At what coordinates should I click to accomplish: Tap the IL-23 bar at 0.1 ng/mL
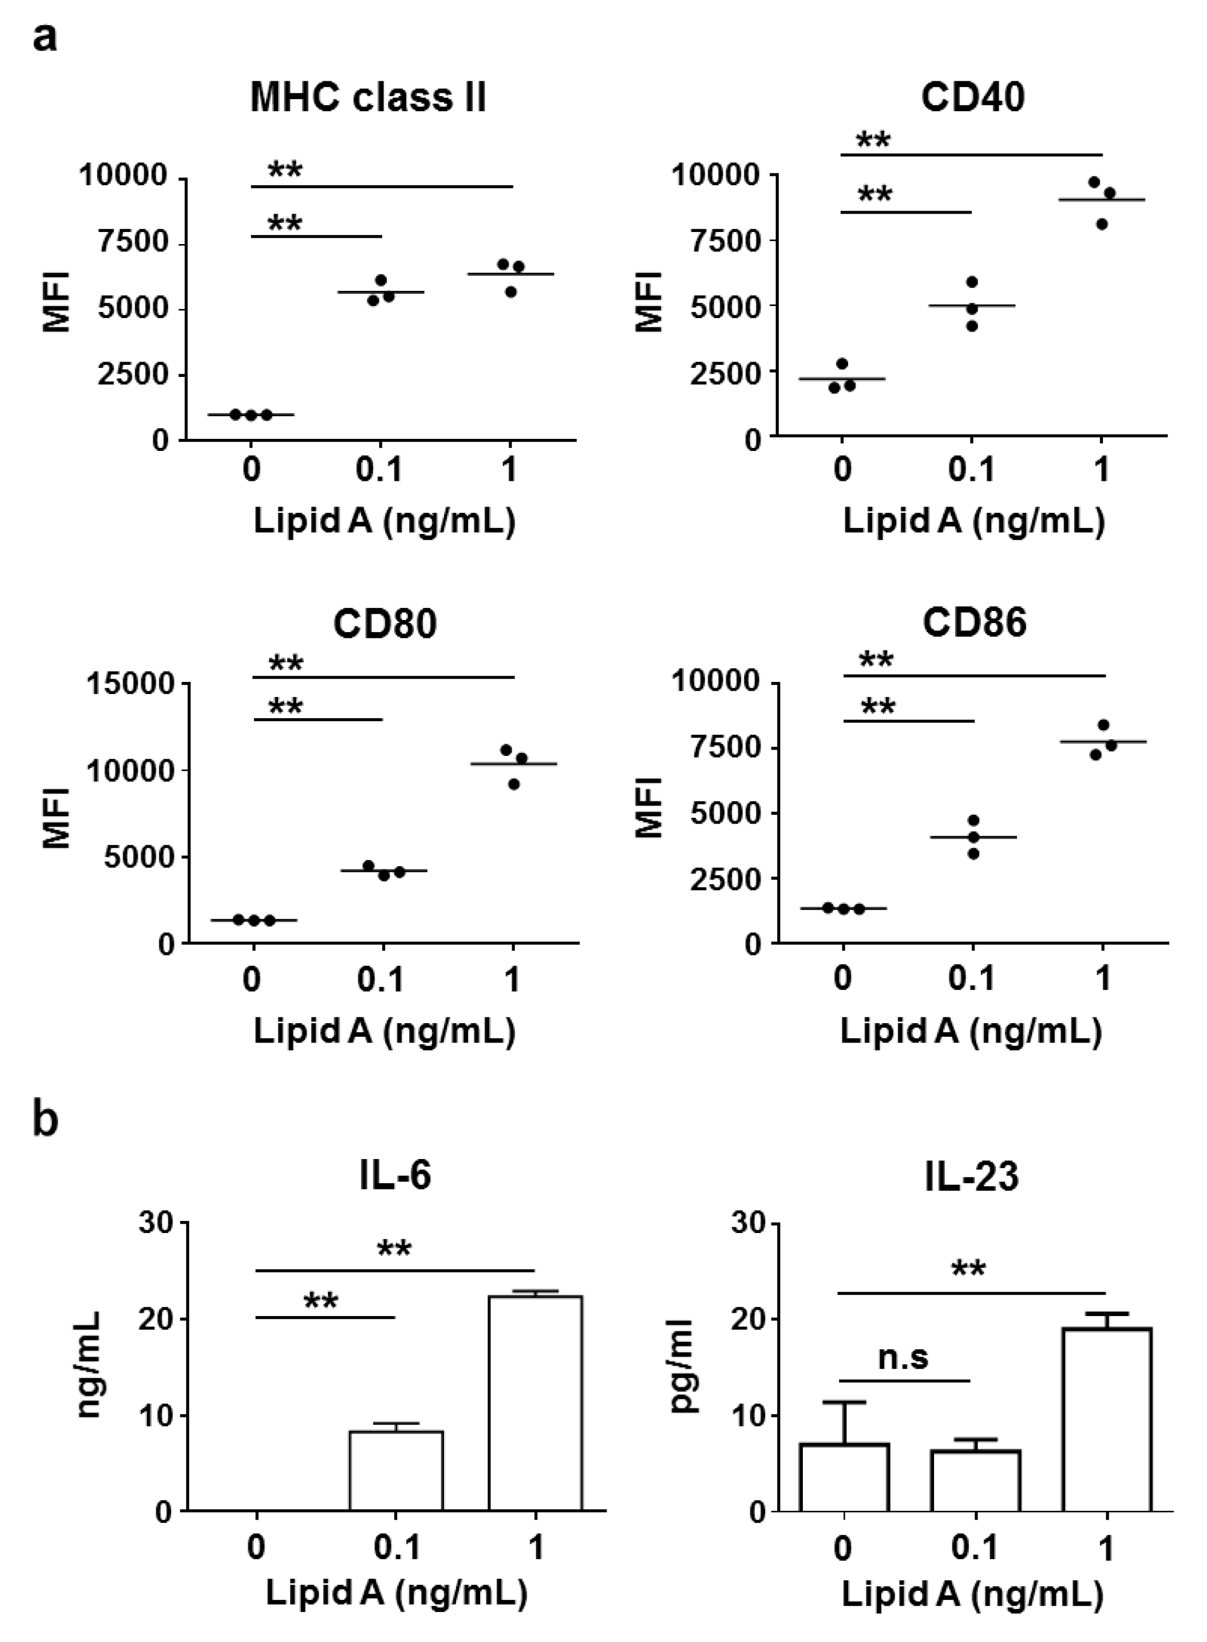(976, 1480)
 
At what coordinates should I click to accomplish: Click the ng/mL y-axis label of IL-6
(89, 1365)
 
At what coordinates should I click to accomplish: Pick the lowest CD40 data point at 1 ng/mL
(1102, 224)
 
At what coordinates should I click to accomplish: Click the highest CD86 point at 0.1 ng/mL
(973, 820)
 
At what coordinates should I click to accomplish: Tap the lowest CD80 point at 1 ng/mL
(514, 784)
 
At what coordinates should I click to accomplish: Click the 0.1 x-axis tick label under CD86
(972, 978)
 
